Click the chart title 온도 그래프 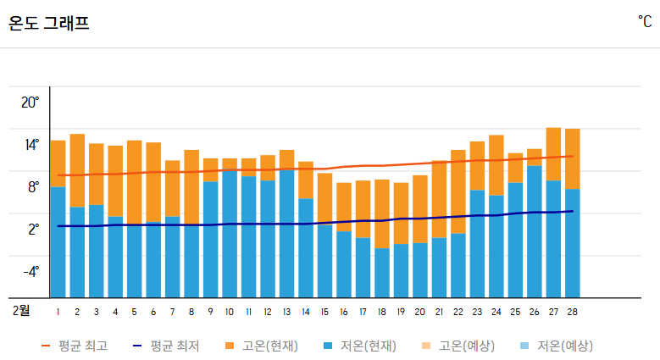coord(48,24)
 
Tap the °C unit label coord(645,20)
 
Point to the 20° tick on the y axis coord(31,102)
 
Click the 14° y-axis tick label coord(31,145)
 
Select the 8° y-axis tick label coord(33,187)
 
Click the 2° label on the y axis coord(33,230)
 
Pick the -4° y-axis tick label coord(31,272)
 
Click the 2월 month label coord(21,311)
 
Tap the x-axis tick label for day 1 coord(58,312)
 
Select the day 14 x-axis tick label coord(306,312)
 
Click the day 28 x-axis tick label coord(573,312)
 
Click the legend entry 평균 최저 coord(166,346)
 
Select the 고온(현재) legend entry coord(261,346)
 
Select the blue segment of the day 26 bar coord(535,231)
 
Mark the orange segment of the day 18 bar coord(382,213)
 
